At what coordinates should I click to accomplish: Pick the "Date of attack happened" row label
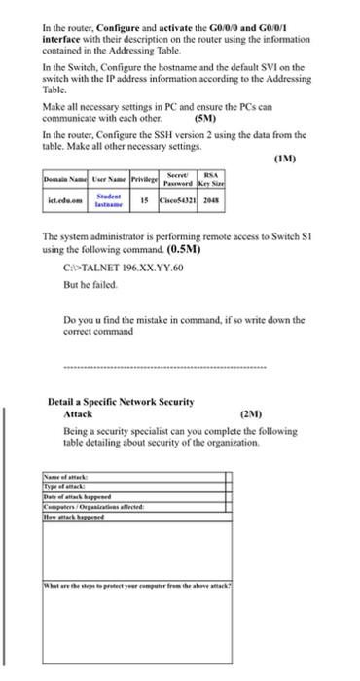pyautogui.click(x=77, y=495)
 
